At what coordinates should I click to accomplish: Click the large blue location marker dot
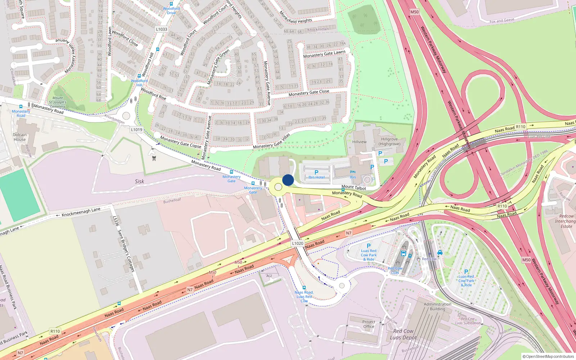pyautogui.click(x=288, y=180)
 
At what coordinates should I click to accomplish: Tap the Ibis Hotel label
pyautogui.click(x=316, y=177)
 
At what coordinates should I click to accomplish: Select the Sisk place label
pyautogui.click(x=139, y=181)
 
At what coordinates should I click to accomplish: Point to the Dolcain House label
pyautogui.click(x=19, y=137)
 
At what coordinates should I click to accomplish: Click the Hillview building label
pyautogui.click(x=359, y=142)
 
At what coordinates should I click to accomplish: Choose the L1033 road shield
pyautogui.click(x=162, y=29)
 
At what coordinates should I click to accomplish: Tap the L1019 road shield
pyautogui.click(x=136, y=130)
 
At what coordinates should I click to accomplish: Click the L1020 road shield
pyautogui.click(x=298, y=243)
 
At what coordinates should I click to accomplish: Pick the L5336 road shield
pyautogui.click(x=116, y=221)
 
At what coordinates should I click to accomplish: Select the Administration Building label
pyautogui.click(x=437, y=306)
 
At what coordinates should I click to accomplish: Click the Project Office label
pyautogui.click(x=369, y=324)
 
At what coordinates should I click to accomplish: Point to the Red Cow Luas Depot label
pyautogui.click(x=403, y=334)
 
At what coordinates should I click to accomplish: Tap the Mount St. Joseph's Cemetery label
pyautogui.click(x=58, y=102)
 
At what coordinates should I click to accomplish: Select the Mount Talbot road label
pyautogui.click(x=354, y=187)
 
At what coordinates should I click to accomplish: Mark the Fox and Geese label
pyautogui.click(x=502, y=21)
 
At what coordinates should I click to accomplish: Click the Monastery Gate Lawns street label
pyautogui.click(x=324, y=54)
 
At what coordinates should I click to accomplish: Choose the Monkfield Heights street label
pyautogui.click(x=296, y=18)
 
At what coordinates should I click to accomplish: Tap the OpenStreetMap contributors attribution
pyautogui.click(x=548, y=356)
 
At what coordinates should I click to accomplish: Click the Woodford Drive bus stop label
pyautogui.click(x=171, y=10)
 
